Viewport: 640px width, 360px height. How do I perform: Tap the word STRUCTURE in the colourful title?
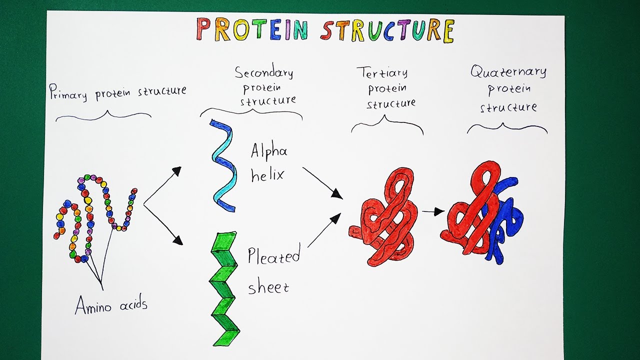click(x=387, y=30)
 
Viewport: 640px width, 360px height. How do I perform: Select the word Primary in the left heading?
click(x=67, y=93)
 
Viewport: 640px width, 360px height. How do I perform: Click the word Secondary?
click(x=264, y=73)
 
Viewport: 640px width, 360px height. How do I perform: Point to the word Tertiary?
click(x=382, y=72)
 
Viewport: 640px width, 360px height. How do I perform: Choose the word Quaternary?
click(x=508, y=72)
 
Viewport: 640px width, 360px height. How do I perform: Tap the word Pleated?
click(x=273, y=255)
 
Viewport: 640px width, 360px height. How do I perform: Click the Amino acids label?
click(x=111, y=304)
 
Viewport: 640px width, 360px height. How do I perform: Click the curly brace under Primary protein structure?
click(x=103, y=116)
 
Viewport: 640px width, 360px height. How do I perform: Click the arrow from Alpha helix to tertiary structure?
click(x=322, y=182)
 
